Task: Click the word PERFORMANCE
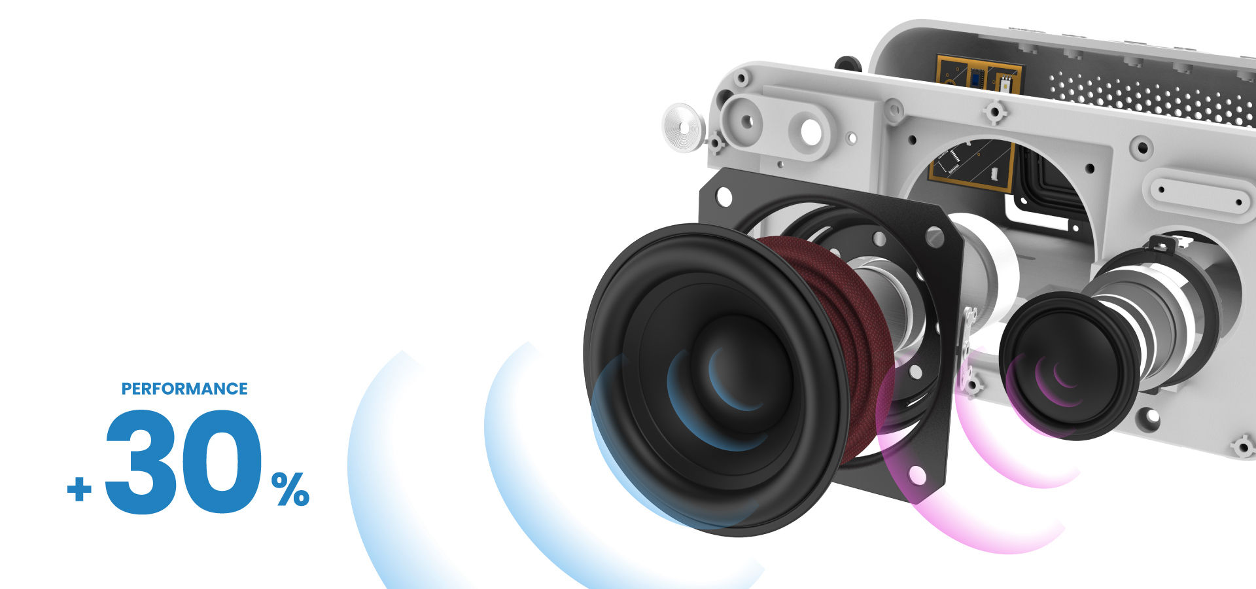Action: [x=184, y=389]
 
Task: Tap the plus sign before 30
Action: [x=79, y=489]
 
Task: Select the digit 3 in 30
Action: [x=139, y=461]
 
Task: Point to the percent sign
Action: [x=290, y=490]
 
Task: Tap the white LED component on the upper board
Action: [x=1004, y=84]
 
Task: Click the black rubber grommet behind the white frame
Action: [x=848, y=64]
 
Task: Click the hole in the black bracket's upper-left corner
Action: [x=724, y=195]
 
